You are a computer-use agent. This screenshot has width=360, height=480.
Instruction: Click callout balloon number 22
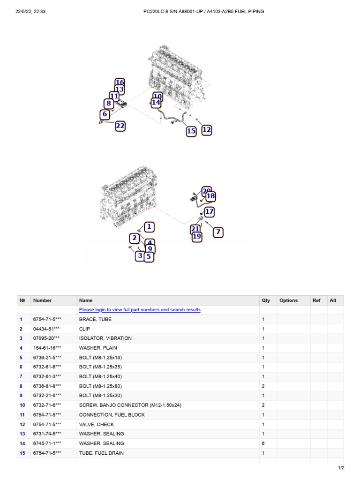point(120,126)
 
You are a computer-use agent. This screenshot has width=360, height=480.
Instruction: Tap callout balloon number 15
point(191,131)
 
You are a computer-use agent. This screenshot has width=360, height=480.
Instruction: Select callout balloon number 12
point(207,130)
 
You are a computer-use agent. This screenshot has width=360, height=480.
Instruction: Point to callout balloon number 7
point(218,232)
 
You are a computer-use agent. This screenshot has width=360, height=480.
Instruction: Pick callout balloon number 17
point(209,211)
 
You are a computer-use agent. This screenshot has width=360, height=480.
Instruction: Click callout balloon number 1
point(149,227)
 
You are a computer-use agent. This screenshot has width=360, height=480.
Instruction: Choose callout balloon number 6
point(105,114)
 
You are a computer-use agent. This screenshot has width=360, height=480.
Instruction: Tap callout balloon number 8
point(108,104)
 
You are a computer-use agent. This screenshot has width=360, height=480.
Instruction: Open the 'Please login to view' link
point(140,310)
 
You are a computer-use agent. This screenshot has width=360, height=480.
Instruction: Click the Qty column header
point(266,300)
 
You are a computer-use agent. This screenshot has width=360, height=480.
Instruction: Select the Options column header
point(288,300)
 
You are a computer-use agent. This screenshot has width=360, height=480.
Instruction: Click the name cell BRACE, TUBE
point(95,319)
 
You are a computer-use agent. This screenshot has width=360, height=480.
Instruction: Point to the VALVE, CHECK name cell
point(97,425)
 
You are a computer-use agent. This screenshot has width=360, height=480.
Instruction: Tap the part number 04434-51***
point(46,329)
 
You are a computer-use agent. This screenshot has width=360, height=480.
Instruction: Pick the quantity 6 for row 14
point(263,443)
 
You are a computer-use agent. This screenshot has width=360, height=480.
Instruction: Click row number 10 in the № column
point(22,405)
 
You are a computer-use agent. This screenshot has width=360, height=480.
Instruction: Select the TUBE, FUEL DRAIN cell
point(101,453)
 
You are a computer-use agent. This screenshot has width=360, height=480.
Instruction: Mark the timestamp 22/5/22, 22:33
point(30,12)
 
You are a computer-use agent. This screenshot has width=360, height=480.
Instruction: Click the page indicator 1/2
point(341,468)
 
